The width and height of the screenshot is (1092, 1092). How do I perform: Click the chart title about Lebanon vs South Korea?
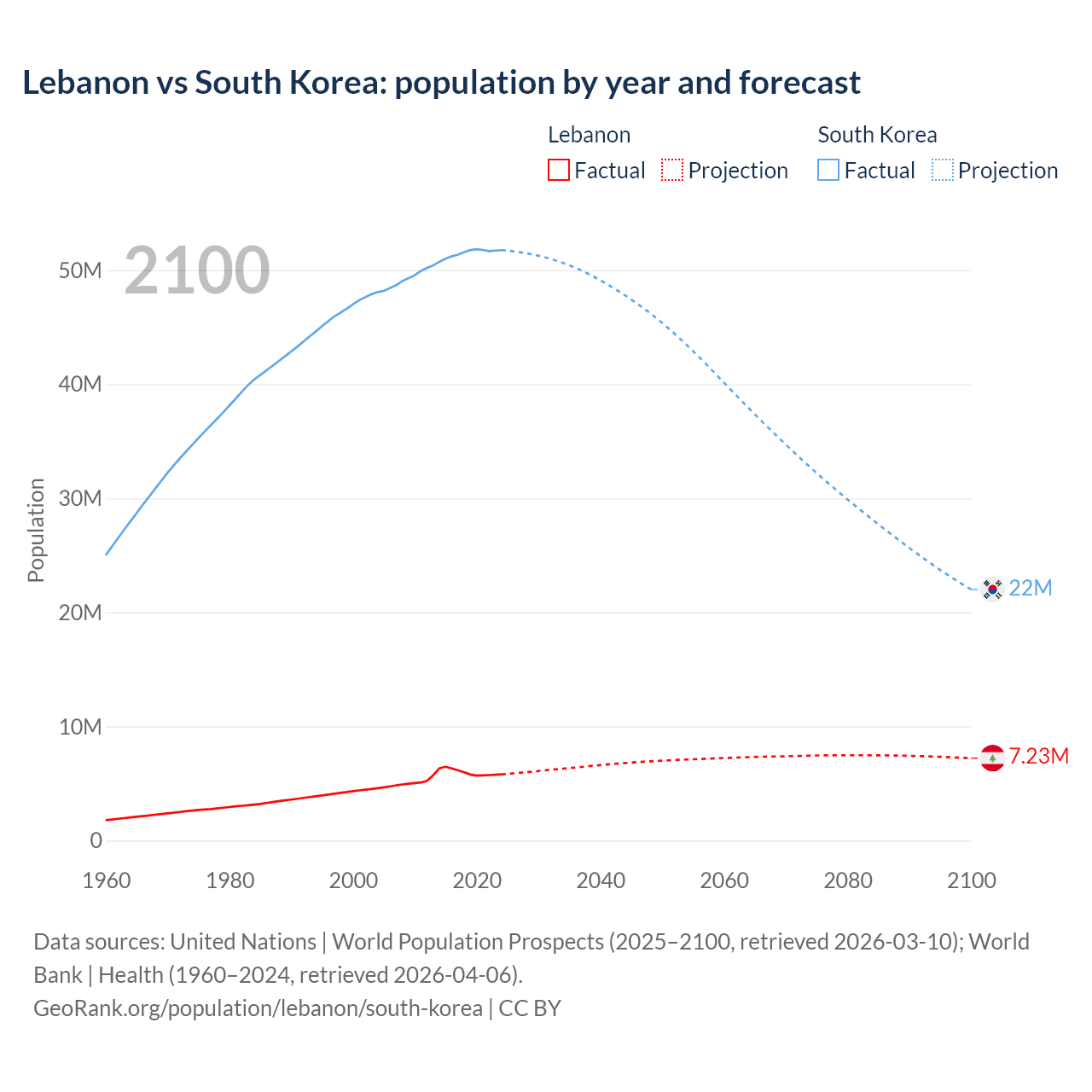click(x=441, y=83)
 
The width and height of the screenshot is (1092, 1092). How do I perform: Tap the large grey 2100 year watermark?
click(x=197, y=270)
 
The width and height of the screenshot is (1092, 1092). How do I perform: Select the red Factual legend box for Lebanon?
click(x=558, y=170)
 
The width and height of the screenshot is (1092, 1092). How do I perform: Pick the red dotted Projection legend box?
click(x=672, y=170)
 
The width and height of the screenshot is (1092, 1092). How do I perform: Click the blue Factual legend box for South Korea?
click(x=828, y=170)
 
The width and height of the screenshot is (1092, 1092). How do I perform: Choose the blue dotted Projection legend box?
click(x=943, y=170)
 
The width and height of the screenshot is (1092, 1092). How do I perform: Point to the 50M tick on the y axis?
click(x=80, y=270)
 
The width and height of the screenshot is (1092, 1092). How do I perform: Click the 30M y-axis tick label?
click(x=80, y=498)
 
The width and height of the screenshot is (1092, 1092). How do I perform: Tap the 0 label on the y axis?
click(x=96, y=840)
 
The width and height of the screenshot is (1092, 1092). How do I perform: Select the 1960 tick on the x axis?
click(x=107, y=880)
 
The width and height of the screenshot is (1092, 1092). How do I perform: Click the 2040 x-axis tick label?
click(x=601, y=880)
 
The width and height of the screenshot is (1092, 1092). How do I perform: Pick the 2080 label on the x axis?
click(x=848, y=880)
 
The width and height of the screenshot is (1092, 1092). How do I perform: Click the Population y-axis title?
click(x=36, y=530)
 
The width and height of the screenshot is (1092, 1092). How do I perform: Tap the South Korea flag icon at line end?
click(x=992, y=588)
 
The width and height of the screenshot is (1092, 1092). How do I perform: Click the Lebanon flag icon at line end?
click(x=992, y=757)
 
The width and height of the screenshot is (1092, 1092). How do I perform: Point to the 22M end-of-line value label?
click(x=1031, y=588)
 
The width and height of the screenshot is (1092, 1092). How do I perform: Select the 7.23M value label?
click(x=1038, y=757)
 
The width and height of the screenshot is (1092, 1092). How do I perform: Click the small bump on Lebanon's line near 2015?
click(x=444, y=767)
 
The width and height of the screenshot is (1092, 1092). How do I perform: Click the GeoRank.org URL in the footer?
click(x=258, y=1008)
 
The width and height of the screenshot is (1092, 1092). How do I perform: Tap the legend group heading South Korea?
click(x=877, y=135)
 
